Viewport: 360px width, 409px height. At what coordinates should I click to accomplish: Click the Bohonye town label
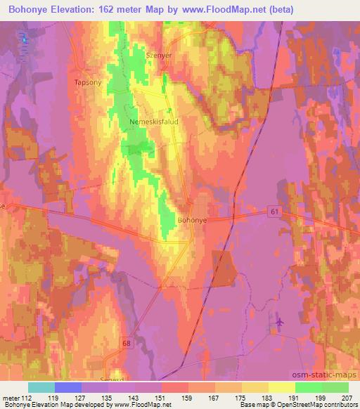click(x=192, y=220)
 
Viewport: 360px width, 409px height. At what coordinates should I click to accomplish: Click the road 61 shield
click(x=275, y=211)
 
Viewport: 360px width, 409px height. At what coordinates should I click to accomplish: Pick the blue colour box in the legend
click(x=68, y=387)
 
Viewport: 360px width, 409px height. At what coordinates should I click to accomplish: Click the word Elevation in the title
click(x=73, y=10)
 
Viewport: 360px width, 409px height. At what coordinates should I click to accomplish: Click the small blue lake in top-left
click(x=25, y=39)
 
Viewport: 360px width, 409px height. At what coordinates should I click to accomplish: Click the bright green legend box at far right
click(x=335, y=387)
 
